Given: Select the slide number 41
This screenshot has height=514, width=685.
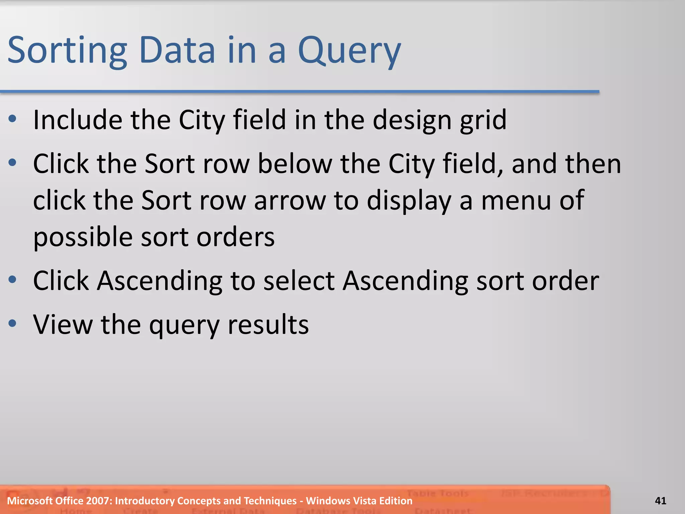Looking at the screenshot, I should (x=660, y=501).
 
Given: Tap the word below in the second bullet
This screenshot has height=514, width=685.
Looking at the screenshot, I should (x=295, y=164).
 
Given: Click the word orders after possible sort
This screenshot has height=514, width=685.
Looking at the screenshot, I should (x=235, y=237).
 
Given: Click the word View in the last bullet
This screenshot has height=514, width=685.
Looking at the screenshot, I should (x=63, y=324).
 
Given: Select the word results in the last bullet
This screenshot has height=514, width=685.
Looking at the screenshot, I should (x=268, y=324).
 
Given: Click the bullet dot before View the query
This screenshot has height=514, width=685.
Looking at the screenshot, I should (x=12, y=323).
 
